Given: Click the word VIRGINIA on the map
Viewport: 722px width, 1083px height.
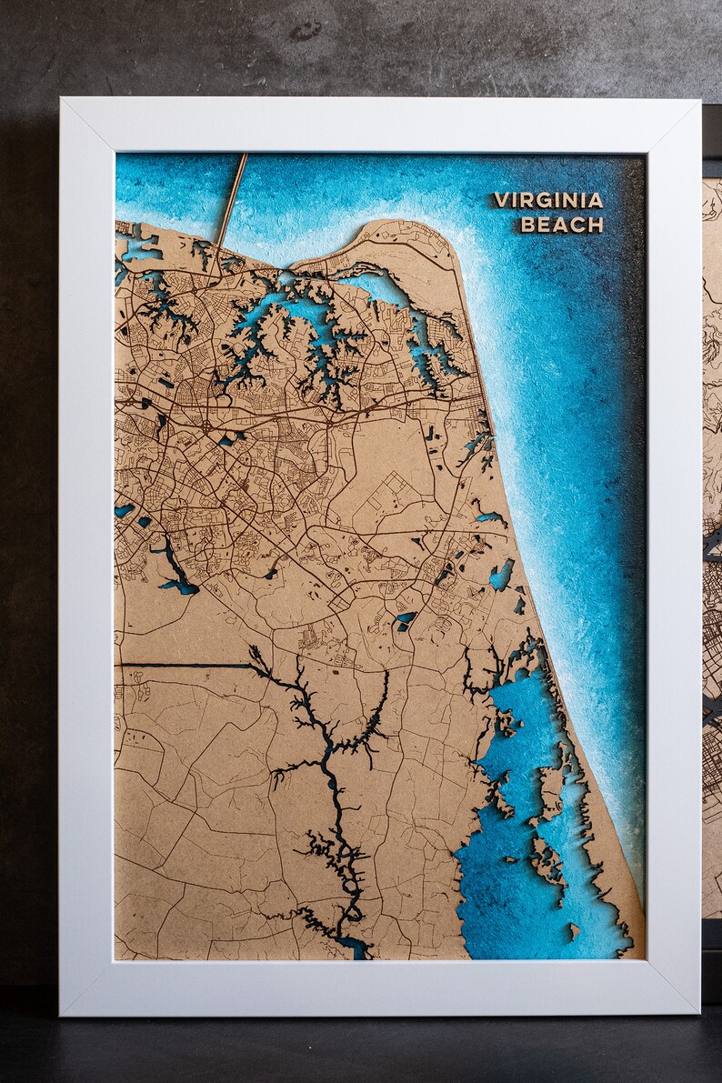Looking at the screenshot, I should (x=548, y=200).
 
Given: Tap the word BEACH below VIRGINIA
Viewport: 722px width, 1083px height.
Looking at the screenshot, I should (x=561, y=225).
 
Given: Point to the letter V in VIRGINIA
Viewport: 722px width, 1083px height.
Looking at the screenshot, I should (x=500, y=200).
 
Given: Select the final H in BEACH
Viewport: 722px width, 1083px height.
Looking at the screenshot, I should (x=596, y=225).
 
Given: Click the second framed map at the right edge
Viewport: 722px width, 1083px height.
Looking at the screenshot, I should (x=711, y=546).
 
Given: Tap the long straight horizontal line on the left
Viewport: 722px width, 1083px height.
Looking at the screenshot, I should (x=182, y=665).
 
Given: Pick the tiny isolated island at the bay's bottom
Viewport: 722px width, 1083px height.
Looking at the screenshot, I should (x=574, y=928).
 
